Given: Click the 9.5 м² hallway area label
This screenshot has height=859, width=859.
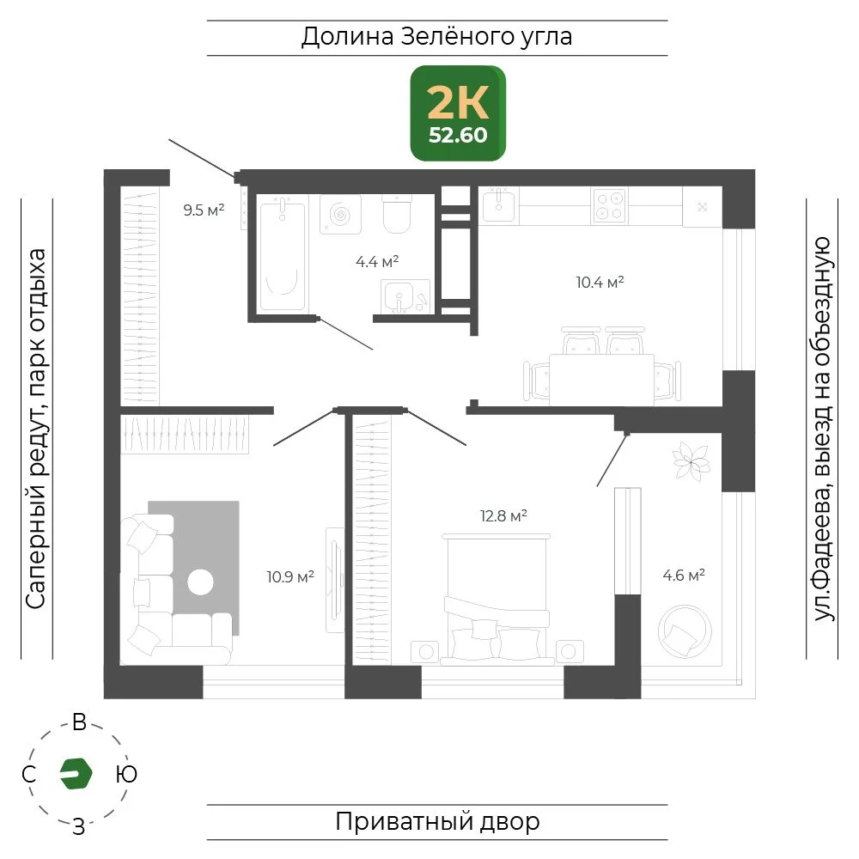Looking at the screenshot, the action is click(x=204, y=210).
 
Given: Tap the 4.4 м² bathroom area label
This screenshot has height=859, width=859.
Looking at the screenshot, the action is click(x=377, y=261).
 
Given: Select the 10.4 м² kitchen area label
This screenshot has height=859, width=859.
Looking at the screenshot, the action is click(x=600, y=282).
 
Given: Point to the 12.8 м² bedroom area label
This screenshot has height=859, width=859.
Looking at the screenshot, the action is click(x=503, y=515).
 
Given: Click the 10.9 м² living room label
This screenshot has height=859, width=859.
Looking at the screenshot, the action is click(x=290, y=576).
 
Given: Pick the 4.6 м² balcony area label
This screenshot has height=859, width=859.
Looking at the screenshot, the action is click(x=684, y=575).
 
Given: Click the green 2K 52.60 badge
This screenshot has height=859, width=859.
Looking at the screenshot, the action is click(x=458, y=113).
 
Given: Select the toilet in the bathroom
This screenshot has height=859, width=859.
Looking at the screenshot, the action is click(x=397, y=214).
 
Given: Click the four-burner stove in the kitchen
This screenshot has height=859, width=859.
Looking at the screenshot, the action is click(x=610, y=206).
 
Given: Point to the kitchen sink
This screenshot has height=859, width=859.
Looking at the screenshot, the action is click(x=498, y=204).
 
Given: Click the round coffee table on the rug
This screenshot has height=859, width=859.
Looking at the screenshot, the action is click(x=200, y=582).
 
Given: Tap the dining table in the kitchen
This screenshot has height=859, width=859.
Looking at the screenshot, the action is click(x=601, y=380).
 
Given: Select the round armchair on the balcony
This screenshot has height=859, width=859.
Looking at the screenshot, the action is click(x=685, y=631).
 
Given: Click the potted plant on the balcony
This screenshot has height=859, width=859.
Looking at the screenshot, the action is click(x=691, y=462).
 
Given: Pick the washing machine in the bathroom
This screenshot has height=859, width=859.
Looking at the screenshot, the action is click(x=340, y=214).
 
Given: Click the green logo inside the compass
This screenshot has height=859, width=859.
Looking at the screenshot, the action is click(x=76, y=774).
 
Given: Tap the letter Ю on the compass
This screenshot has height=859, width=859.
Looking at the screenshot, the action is click(x=126, y=774).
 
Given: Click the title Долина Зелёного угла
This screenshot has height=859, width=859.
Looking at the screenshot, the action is click(x=436, y=37).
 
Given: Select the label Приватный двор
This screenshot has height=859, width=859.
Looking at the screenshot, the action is click(x=437, y=822).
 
